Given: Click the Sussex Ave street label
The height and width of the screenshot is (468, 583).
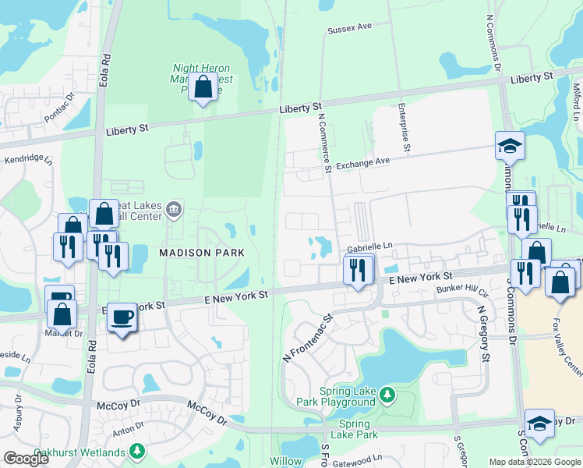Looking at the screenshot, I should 349,27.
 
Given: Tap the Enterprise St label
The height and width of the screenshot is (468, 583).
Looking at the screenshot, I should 405,126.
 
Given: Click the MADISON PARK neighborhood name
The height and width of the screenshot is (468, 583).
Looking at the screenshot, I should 203,253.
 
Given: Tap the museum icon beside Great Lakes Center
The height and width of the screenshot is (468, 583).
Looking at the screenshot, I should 173,207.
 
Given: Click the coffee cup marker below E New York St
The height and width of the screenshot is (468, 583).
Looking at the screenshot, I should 121,317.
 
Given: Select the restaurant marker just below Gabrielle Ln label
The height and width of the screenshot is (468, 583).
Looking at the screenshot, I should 358,271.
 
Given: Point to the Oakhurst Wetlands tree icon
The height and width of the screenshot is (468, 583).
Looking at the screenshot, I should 137,451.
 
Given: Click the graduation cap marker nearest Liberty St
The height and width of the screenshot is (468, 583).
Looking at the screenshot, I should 510,146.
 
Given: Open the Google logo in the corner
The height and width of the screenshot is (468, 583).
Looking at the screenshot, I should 26,459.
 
